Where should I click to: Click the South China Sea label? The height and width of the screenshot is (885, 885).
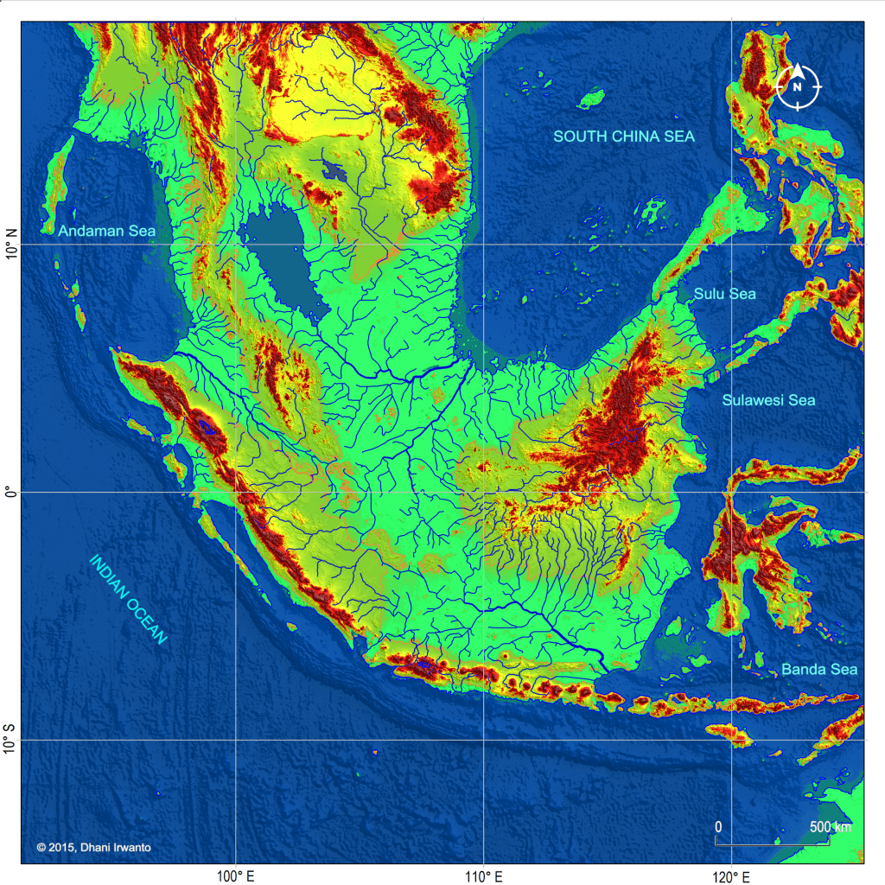tap(624, 137)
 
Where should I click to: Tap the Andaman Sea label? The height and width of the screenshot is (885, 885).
tap(107, 231)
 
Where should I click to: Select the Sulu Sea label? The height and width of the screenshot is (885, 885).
tap(724, 294)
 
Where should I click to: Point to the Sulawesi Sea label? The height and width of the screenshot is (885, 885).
tap(768, 400)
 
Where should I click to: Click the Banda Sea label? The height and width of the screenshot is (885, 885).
tap(819, 669)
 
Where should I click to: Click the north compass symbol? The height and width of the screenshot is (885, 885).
tap(799, 86)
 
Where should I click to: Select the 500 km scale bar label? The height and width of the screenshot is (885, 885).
tap(830, 827)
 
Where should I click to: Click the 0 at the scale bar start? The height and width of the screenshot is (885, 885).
tap(718, 827)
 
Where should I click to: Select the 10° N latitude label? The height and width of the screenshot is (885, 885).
tap(11, 245)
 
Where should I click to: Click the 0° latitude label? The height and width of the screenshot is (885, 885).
tap(11, 493)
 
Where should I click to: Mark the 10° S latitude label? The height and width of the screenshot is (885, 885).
tap(11, 740)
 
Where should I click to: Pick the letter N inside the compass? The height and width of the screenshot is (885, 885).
tap(799, 87)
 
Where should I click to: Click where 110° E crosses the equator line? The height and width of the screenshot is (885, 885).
tap(483, 493)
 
